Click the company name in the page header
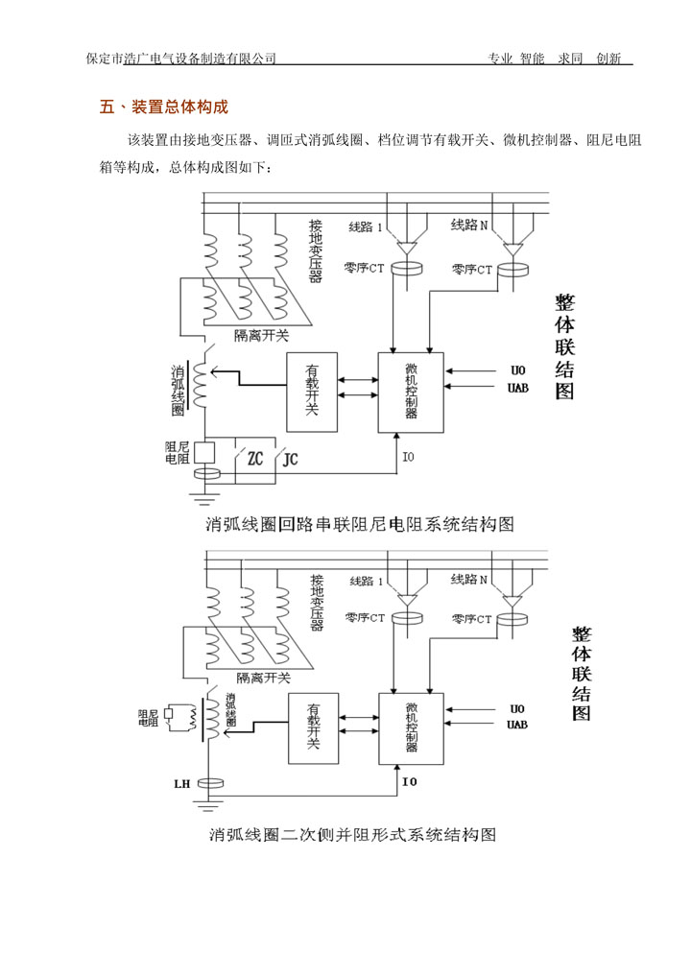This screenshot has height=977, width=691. tap(181, 59)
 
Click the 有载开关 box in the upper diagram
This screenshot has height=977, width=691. tap(311, 390)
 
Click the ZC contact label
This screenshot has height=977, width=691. tap(255, 459)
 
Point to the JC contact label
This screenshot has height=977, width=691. tap(291, 459)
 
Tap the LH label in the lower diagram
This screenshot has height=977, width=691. tap(181, 783)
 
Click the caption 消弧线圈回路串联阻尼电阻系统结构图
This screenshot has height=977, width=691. tap(360, 524)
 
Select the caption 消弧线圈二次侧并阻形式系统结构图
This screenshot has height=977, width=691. tap(352, 834)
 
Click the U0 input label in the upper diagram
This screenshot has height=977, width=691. tap(517, 370)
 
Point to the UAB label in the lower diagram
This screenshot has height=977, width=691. tap(516, 725)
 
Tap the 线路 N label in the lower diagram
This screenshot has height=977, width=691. tap(469, 580)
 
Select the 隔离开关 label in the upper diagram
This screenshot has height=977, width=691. tap(261, 336)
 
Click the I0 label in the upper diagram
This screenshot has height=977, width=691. tap(408, 457)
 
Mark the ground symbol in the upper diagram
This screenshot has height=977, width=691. tap(203, 498)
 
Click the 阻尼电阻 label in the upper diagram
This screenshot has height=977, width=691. tap(178, 452)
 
